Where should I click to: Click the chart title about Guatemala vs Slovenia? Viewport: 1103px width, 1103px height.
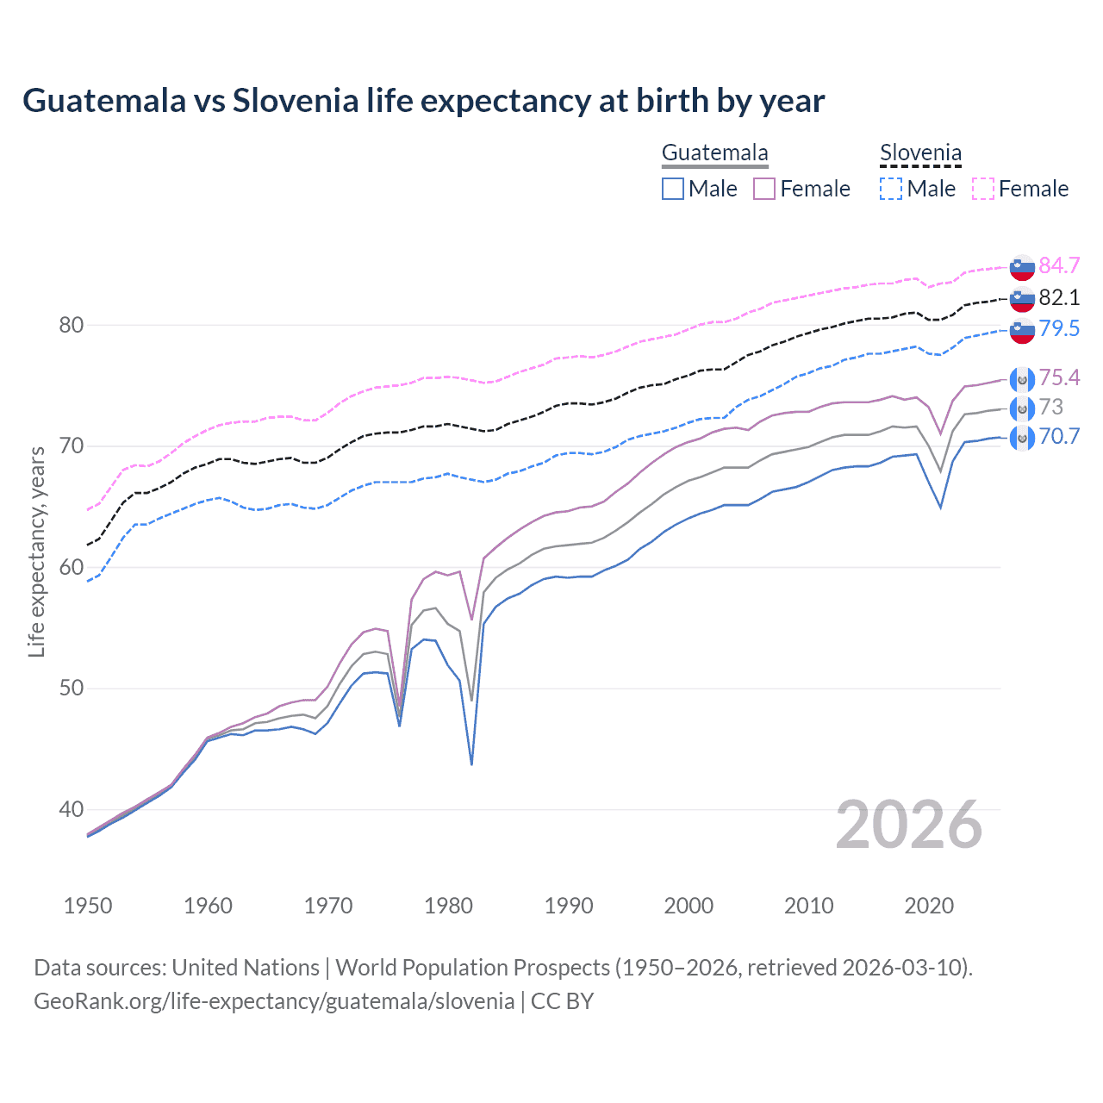point(423,101)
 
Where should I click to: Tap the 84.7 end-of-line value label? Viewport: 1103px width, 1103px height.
point(1059,265)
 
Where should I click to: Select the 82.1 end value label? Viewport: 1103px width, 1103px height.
point(1059,297)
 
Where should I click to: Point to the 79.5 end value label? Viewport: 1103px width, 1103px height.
point(1059,328)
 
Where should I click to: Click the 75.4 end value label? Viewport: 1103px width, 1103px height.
point(1059,377)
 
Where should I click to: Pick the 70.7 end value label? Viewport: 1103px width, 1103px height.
point(1059,436)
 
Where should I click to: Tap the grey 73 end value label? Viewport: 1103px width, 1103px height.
point(1051,407)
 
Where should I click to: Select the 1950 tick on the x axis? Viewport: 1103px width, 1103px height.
point(88,906)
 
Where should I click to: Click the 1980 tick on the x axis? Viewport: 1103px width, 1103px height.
point(448,906)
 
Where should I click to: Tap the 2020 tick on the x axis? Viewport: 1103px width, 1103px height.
point(929,906)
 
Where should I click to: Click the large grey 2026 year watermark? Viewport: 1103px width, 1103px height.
point(908,826)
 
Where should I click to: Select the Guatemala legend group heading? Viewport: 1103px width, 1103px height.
point(714,153)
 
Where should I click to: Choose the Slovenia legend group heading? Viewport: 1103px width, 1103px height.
point(920,153)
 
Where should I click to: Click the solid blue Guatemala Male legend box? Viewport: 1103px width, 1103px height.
point(673,189)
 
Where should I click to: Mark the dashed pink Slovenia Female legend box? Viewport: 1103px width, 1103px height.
point(983,189)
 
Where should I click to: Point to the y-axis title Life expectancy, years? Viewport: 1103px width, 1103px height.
point(37,551)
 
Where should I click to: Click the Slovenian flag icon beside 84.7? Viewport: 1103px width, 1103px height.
point(1022,266)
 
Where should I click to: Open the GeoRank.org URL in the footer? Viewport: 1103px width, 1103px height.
point(274,1001)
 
